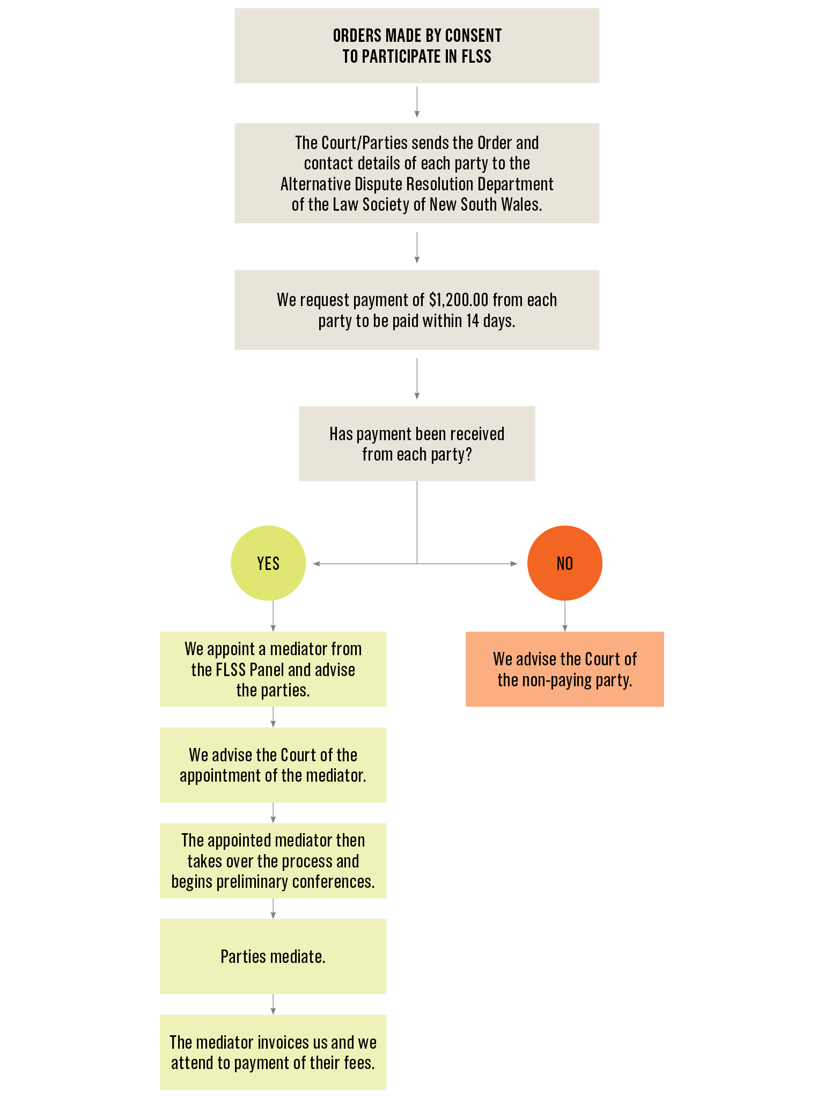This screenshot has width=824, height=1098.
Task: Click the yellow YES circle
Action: click(268, 563)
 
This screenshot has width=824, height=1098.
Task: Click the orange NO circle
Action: click(564, 563)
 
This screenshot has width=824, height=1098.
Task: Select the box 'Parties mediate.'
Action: click(273, 956)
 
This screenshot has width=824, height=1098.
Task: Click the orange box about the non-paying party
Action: click(564, 669)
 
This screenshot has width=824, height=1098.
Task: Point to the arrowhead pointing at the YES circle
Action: click(317, 563)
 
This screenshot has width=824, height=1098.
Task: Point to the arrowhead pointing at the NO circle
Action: click(514, 563)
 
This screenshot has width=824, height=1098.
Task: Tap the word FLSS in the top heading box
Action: click(476, 57)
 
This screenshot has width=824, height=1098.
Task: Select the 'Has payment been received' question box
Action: click(417, 443)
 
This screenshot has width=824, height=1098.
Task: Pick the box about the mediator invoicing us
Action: click(273, 1052)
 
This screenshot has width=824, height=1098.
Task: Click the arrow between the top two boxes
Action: click(417, 102)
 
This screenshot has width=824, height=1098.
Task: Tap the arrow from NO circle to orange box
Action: click(564, 617)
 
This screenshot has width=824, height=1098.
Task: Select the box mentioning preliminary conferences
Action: click(273, 861)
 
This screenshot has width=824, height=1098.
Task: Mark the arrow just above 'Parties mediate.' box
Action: click(273, 909)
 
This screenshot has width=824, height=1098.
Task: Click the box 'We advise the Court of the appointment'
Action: click(273, 765)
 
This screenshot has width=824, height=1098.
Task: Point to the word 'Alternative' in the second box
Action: click(315, 184)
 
